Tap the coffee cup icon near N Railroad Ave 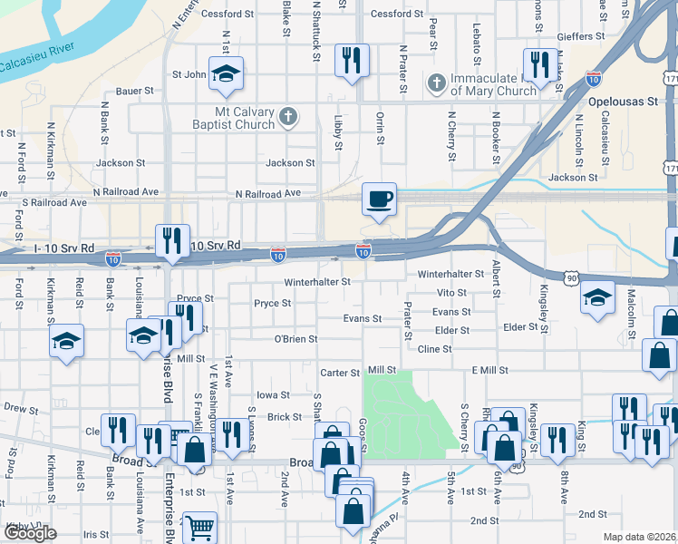tap(379, 198)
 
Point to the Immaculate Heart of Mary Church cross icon tap(436, 84)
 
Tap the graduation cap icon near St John tap(227, 73)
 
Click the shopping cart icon tap(199, 527)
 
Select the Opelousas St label tap(622, 102)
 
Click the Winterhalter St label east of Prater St tap(450, 274)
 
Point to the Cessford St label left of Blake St tap(228, 15)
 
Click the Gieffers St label tap(581, 36)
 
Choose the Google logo tap(30, 533)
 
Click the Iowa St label tap(272, 395)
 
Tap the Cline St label tap(434, 348)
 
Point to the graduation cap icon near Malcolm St tap(596, 299)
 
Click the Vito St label tap(450, 293)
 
